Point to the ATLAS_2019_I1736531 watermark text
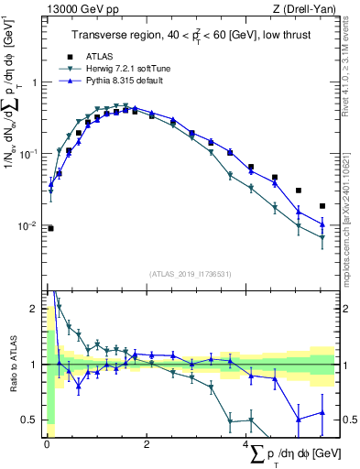pos(189,272)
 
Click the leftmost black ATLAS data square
pos(50,228)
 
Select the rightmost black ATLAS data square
pos(322,206)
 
